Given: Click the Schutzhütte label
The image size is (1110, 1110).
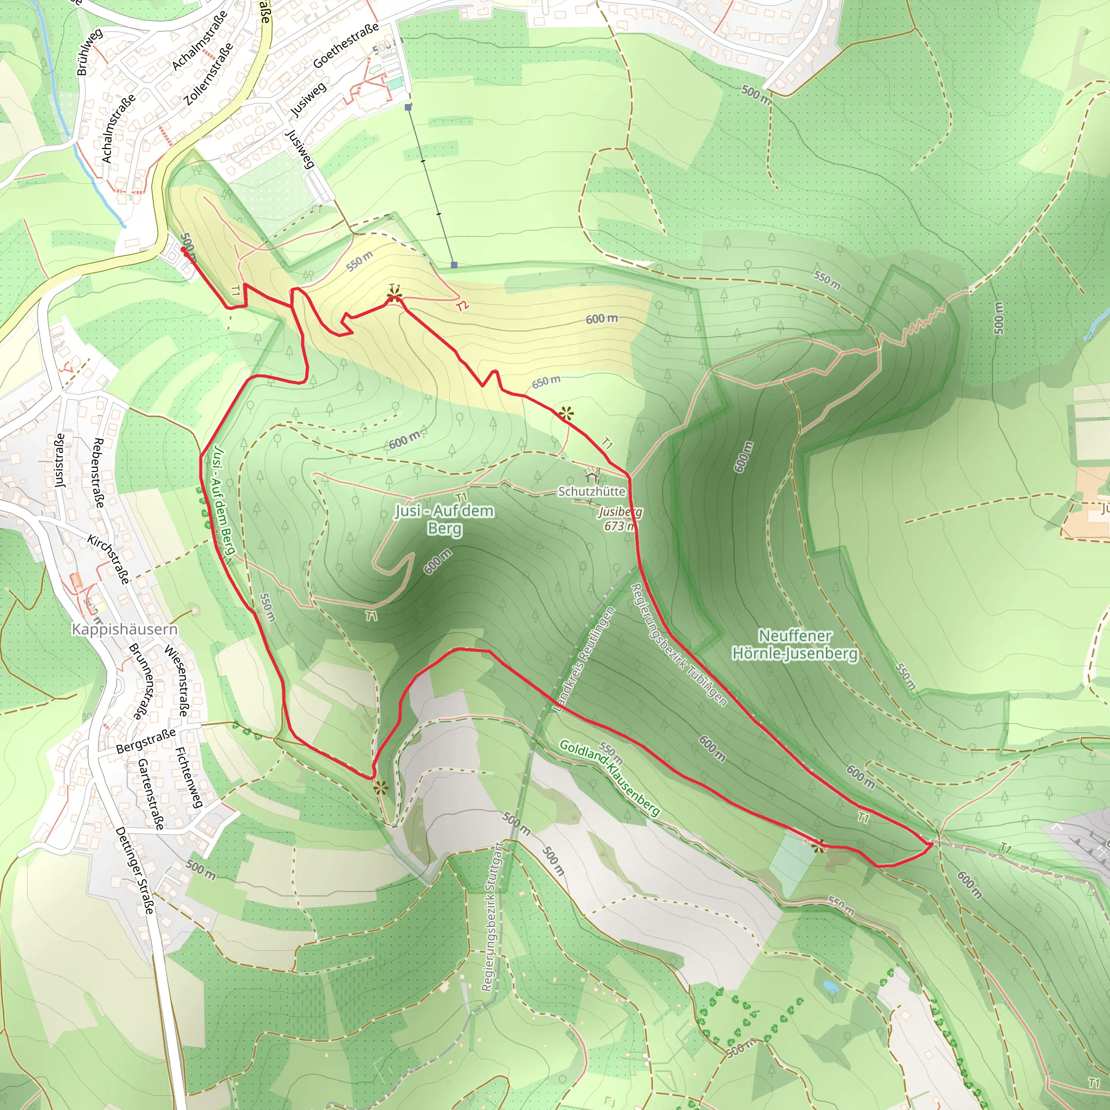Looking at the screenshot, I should click(x=592, y=491).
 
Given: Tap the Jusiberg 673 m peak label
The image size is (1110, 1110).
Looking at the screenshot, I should click(x=620, y=519).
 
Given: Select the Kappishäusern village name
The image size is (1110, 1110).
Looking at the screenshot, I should click(x=125, y=629).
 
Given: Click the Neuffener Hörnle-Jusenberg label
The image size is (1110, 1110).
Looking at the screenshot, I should click(x=795, y=644).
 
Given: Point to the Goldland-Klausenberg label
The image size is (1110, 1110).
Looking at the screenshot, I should click(x=610, y=777).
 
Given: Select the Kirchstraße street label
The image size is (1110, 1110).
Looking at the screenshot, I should click(x=108, y=559).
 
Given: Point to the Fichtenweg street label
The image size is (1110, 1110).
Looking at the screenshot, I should click(x=189, y=777).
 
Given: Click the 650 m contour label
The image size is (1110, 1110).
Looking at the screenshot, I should click(x=546, y=382).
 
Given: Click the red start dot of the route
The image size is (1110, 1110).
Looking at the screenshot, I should click(x=184, y=250).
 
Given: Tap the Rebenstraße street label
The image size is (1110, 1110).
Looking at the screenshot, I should click(x=98, y=472).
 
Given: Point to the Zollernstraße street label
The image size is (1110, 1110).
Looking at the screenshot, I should click(x=209, y=74).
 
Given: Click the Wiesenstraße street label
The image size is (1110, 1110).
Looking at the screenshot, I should click(x=176, y=681).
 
